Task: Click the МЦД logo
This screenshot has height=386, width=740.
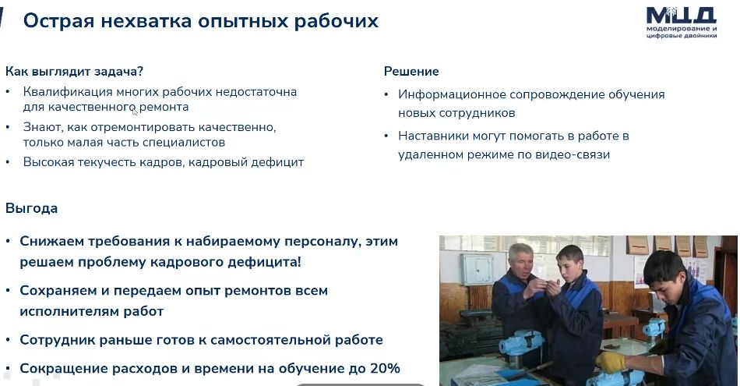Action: [x=681, y=23]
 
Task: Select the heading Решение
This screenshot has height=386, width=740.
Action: [x=411, y=71]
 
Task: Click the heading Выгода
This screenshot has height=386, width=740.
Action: [x=32, y=208]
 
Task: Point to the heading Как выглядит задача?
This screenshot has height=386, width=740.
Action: [x=74, y=71]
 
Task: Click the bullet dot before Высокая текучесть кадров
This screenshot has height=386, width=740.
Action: [x=8, y=162]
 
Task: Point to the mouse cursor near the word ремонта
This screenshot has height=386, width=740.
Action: [x=135, y=112]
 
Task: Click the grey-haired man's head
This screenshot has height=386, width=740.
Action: [x=520, y=258]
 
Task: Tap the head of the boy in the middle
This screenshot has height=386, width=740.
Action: [x=569, y=260]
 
